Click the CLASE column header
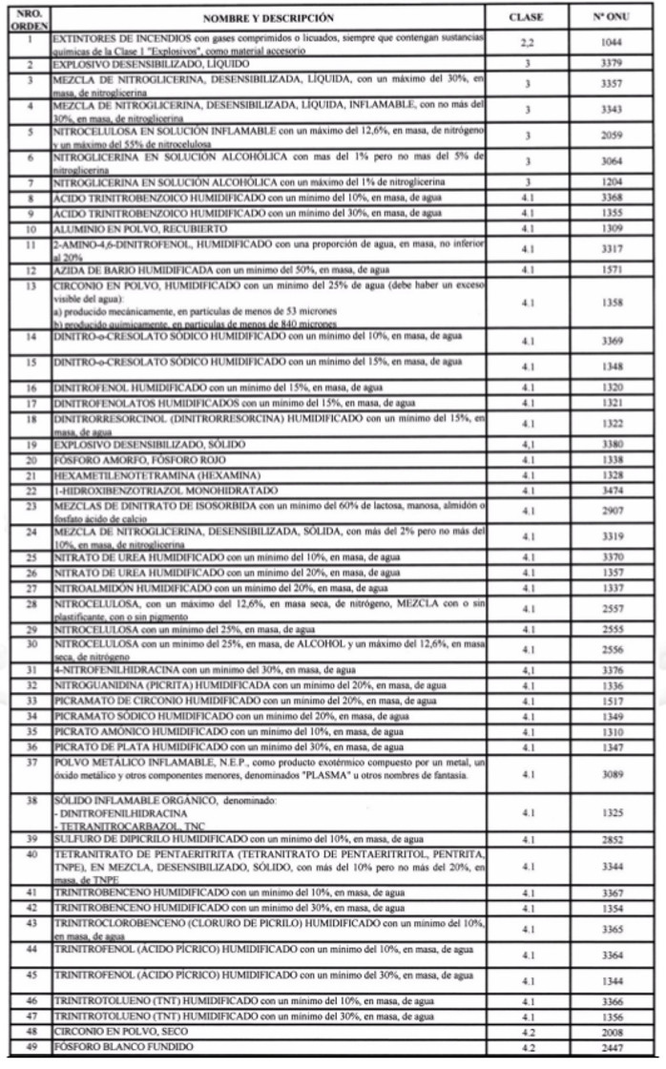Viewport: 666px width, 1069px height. pos(526,17)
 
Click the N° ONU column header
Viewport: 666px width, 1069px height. pos(611,17)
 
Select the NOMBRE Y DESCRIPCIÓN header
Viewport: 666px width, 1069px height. pos(268,17)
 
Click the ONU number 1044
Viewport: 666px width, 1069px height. pos(611,43)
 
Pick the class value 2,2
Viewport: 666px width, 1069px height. pos(526,43)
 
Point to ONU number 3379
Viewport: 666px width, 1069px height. pos(611,64)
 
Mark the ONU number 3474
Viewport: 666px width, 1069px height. pos(611,489)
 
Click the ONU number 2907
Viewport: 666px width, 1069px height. pos(611,509)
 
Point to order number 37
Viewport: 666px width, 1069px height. pos(31,764)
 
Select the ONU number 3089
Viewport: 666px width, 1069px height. pos(611,779)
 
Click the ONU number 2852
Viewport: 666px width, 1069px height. pos(611,839)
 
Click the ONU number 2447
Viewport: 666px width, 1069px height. pos(611,1047)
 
